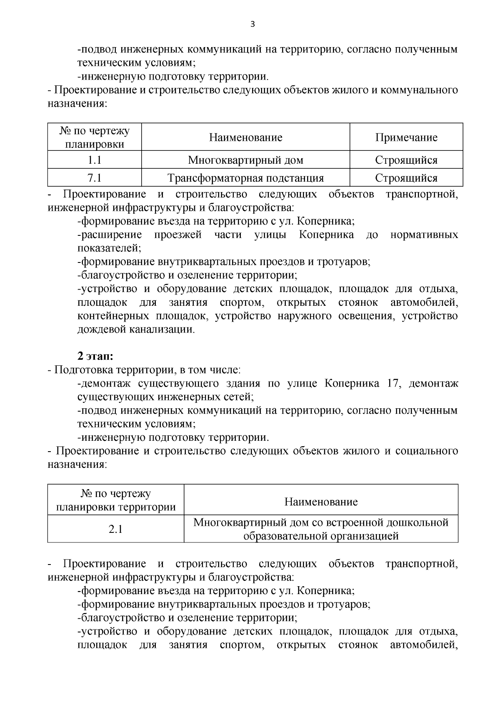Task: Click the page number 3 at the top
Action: [x=252, y=24]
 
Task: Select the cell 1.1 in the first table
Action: [x=95, y=160]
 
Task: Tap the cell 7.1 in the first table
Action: [x=95, y=178]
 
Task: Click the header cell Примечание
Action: [x=406, y=137]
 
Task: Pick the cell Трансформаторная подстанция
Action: [x=245, y=178]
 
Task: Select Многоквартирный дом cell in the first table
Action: [x=245, y=160]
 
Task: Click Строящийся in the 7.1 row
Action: [x=406, y=178]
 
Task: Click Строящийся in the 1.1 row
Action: [x=406, y=160]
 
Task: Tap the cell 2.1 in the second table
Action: [x=116, y=529]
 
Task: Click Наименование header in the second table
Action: [x=321, y=502]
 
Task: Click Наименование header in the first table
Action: [x=245, y=137]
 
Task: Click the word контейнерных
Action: [x=113, y=316]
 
